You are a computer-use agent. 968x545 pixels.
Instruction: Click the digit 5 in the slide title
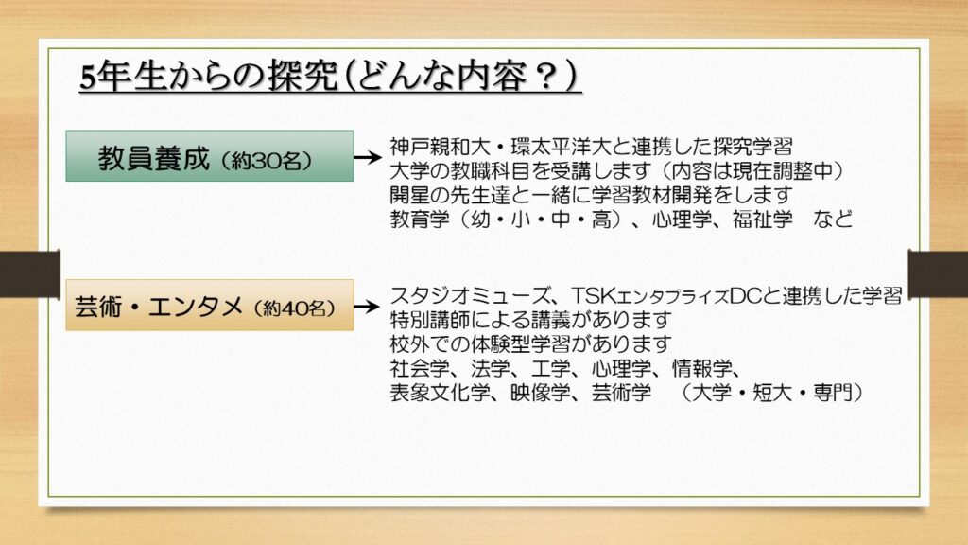click(x=88, y=78)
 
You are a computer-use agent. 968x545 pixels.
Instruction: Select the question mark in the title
click(x=545, y=78)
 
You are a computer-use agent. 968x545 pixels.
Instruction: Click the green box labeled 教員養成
click(x=210, y=156)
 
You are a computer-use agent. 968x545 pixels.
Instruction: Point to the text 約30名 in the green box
click(x=267, y=161)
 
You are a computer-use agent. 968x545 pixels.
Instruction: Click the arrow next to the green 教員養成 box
click(x=368, y=157)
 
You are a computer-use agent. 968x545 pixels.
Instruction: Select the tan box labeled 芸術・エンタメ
click(x=210, y=306)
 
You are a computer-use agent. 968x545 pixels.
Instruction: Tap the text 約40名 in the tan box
click(x=295, y=308)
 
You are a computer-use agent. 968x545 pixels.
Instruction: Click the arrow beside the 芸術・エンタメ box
click(x=368, y=307)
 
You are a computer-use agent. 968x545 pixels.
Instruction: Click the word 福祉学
click(x=763, y=219)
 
